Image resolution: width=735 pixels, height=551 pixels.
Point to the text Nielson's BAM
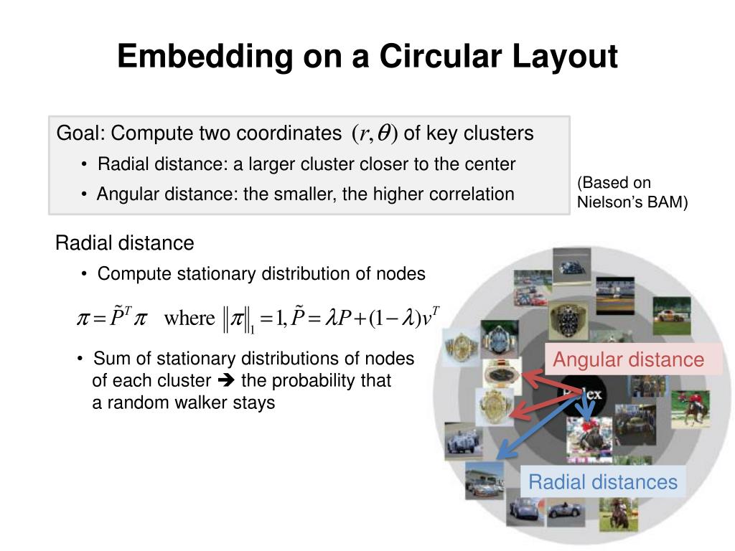632,202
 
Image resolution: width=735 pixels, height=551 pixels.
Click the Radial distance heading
124,243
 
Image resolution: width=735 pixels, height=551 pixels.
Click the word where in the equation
189,317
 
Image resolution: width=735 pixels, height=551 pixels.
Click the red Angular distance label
629,359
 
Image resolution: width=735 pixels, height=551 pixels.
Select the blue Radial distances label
603,482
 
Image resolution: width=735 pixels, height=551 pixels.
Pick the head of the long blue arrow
503,453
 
